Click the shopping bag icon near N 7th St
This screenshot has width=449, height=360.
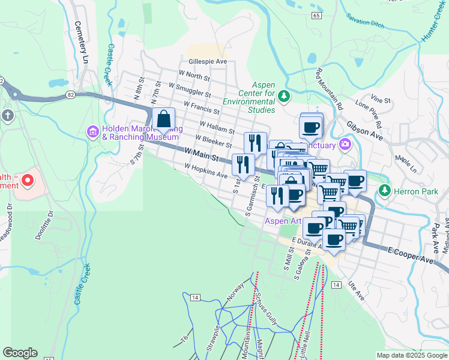coord(164,119)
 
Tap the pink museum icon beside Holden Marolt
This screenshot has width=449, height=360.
coord(93,131)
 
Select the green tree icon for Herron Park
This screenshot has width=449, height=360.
coord(385,191)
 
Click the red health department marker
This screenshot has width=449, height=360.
coord(28,180)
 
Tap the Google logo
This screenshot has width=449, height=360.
coord(20,353)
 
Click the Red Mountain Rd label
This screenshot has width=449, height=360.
coord(329,89)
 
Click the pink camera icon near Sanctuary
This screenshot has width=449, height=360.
coord(345,144)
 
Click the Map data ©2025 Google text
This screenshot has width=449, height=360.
coord(411,355)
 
